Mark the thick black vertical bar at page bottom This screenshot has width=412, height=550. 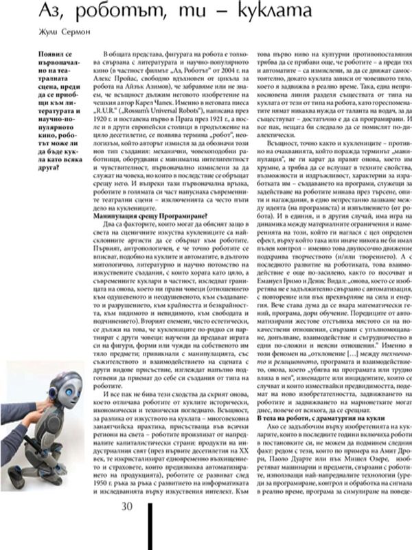click(150, 533)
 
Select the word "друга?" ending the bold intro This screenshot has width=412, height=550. click(52, 186)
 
